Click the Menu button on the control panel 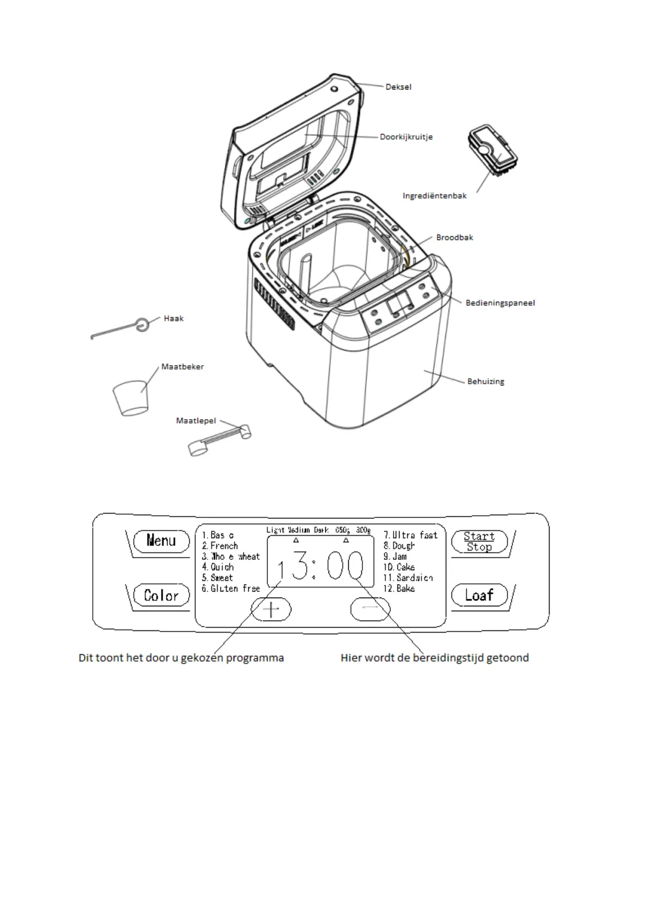point(162,541)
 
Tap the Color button point(162,595)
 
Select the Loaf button point(479,595)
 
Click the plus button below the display point(271,609)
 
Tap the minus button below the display point(370,609)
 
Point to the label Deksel point(398,87)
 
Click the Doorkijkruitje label point(406,137)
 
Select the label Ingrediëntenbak point(434,196)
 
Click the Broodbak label point(455,237)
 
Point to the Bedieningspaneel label point(500,303)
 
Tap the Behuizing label point(486,381)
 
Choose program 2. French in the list point(220,546)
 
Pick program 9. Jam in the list point(395,556)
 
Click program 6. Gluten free point(231,588)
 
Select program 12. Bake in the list point(399,588)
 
